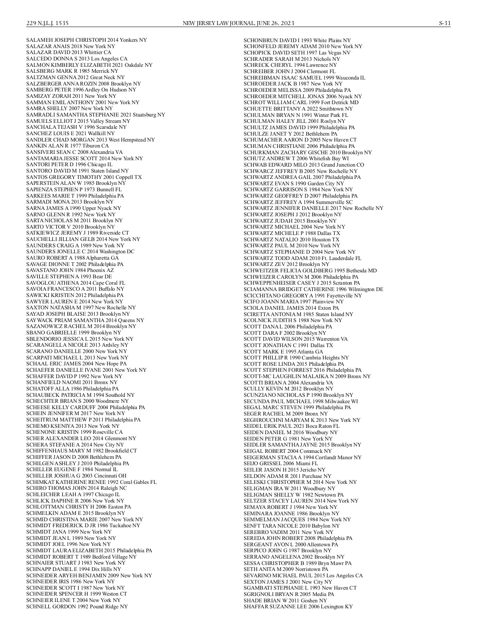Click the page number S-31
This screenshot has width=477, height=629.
pos(444,23)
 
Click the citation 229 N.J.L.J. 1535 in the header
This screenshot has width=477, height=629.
pos(47,23)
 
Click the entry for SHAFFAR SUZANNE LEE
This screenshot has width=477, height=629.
pos(298,606)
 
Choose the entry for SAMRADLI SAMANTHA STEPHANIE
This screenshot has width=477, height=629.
pos(95,115)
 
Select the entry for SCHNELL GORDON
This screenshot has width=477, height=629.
pos(77,606)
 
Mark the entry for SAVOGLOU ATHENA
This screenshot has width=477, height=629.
pos(76,283)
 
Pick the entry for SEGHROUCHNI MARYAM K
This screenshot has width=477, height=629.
pos(302,420)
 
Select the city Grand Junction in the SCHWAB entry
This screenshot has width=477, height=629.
pos(335,165)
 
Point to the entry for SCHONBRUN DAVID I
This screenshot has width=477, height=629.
pos(297,40)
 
